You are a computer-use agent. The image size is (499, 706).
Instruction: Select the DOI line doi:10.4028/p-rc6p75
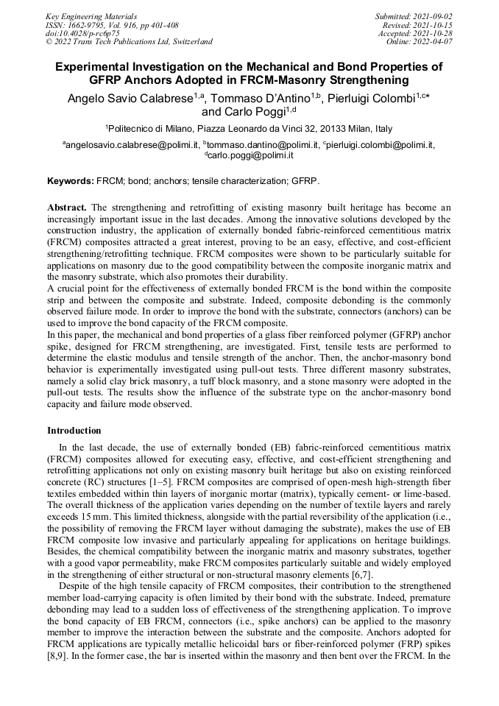[x=82, y=33]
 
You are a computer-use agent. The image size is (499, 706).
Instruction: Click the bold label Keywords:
[x=71, y=180]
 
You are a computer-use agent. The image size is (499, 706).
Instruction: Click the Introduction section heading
[x=74, y=430]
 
